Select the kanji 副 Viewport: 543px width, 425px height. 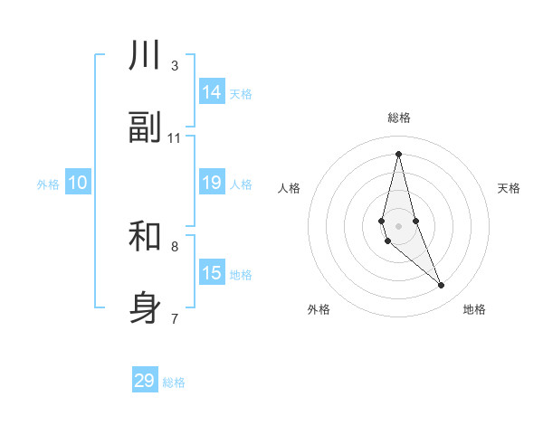(x=145, y=128)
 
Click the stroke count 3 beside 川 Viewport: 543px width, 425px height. (x=174, y=66)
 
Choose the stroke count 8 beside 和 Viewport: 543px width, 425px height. (x=174, y=246)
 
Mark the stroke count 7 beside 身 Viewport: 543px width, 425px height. (x=174, y=318)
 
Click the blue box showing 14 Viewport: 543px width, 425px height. (x=212, y=92)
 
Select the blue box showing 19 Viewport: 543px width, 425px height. (x=212, y=183)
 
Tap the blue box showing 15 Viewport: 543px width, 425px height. (x=212, y=273)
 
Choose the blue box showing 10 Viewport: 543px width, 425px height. (x=78, y=183)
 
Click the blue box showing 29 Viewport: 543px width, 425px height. (x=145, y=381)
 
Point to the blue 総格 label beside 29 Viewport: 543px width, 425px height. (x=174, y=382)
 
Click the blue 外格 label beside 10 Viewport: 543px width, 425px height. (x=48, y=184)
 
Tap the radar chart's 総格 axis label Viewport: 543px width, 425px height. (x=399, y=118)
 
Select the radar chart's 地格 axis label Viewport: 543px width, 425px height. (x=474, y=310)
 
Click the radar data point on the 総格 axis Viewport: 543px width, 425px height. (x=398, y=154)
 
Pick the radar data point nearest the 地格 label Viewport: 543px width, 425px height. (x=442, y=286)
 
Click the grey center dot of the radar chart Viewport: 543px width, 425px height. (x=398, y=225)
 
